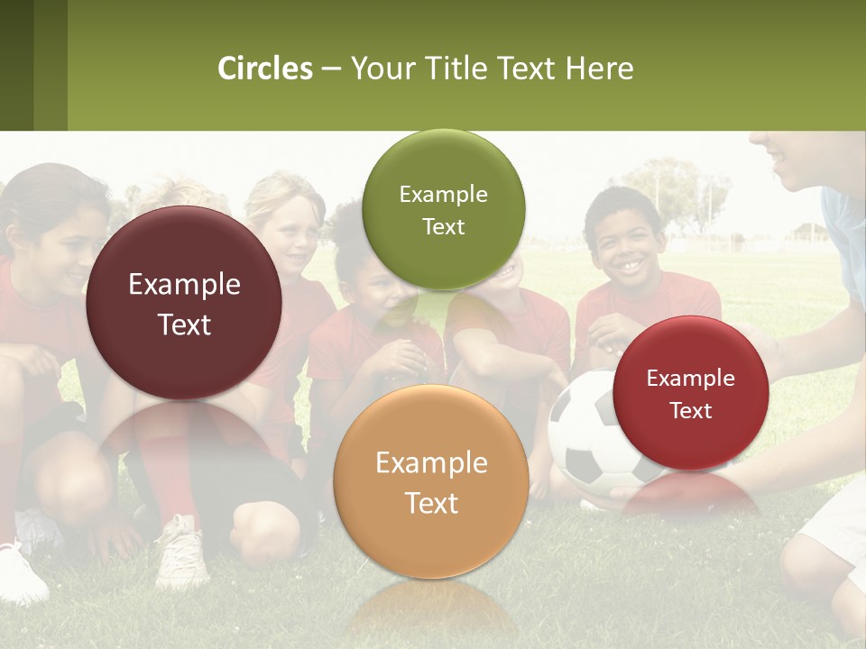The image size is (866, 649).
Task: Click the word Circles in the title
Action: click(x=264, y=69)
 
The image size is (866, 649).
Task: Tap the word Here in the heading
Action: click(x=600, y=69)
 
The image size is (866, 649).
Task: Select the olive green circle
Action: click(x=443, y=210)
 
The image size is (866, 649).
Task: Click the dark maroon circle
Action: click(x=184, y=304)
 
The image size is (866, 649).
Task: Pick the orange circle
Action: click(x=431, y=482)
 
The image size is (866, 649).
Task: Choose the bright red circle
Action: click(x=690, y=393)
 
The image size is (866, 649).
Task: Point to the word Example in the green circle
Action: click(x=443, y=195)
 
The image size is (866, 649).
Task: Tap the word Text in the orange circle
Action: click(x=431, y=503)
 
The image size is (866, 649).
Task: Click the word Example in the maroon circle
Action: click(x=184, y=285)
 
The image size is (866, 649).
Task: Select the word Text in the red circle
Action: click(x=691, y=411)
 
